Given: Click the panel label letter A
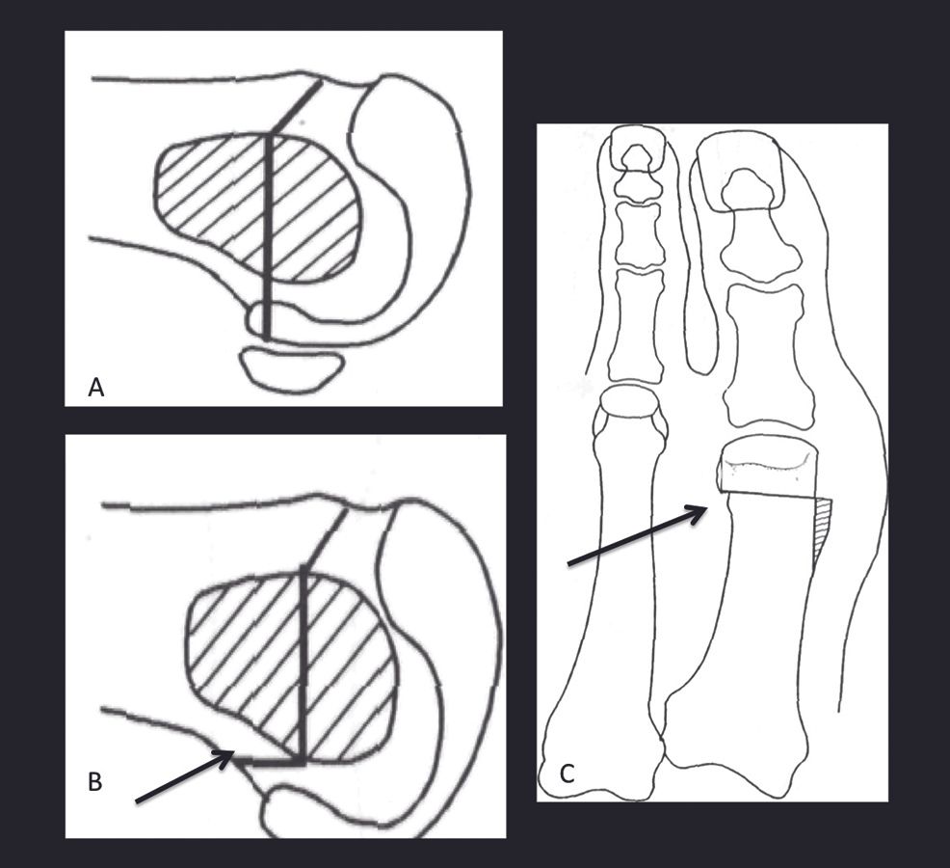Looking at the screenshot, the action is click(x=95, y=387).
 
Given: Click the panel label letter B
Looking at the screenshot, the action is click(x=95, y=782).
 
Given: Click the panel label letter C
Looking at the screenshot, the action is click(x=567, y=774).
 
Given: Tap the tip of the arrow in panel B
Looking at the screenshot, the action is click(x=234, y=751).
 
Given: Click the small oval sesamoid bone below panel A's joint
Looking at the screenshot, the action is click(x=292, y=368).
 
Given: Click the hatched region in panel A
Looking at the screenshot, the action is click(x=257, y=208).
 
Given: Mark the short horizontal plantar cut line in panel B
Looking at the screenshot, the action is click(x=269, y=762).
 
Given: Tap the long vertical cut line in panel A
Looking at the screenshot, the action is click(x=269, y=235).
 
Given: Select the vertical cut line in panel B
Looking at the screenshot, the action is click(x=303, y=665).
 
